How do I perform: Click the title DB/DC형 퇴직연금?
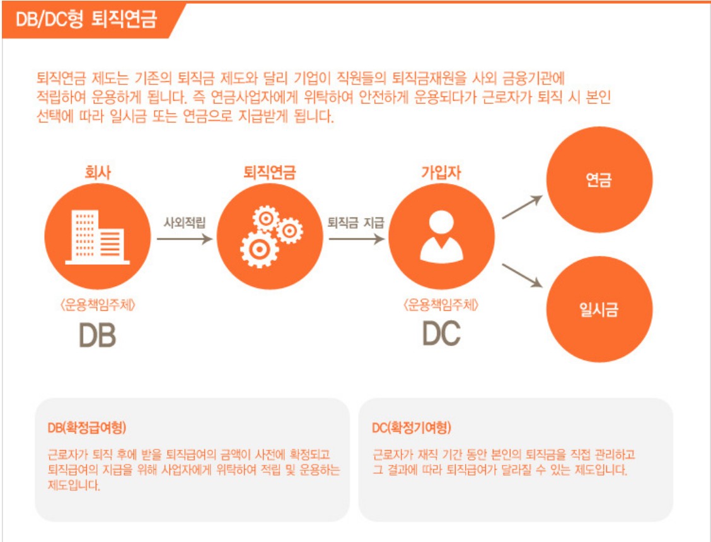pyautogui.click(x=88, y=20)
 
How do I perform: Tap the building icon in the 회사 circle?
pyautogui.click(x=98, y=236)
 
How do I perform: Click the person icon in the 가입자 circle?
pyautogui.click(x=441, y=236)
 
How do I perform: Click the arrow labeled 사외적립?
pyautogui.click(x=185, y=239)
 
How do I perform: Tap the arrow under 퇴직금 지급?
pyautogui.click(x=356, y=239)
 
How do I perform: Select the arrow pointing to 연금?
pyautogui.click(x=522, y=207)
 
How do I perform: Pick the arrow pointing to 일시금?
pyautogui.click(x=522, y=276)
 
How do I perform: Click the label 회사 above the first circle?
pyautogui.click(x=98, y=172)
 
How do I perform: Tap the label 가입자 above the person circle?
pyautogui.click(x=441, y=172)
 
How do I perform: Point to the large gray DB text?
pyautogui.click(x=98, y=335)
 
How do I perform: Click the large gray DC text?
pyautogui.click(x=441, y=334)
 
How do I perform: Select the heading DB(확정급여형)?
pyautogui.click(x=87, y=427)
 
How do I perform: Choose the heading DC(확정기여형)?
pyautogui.click(x=412, y=428)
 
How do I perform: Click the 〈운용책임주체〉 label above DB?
pyautogui.click(x=98, y=306)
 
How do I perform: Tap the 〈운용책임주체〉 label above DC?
pyautogui.click(x=441, y=306)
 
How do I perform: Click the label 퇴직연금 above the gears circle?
pyautogui.click(x=270, y=172)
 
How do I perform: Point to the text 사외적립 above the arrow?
pyautogui.click(x=185, y=222)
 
